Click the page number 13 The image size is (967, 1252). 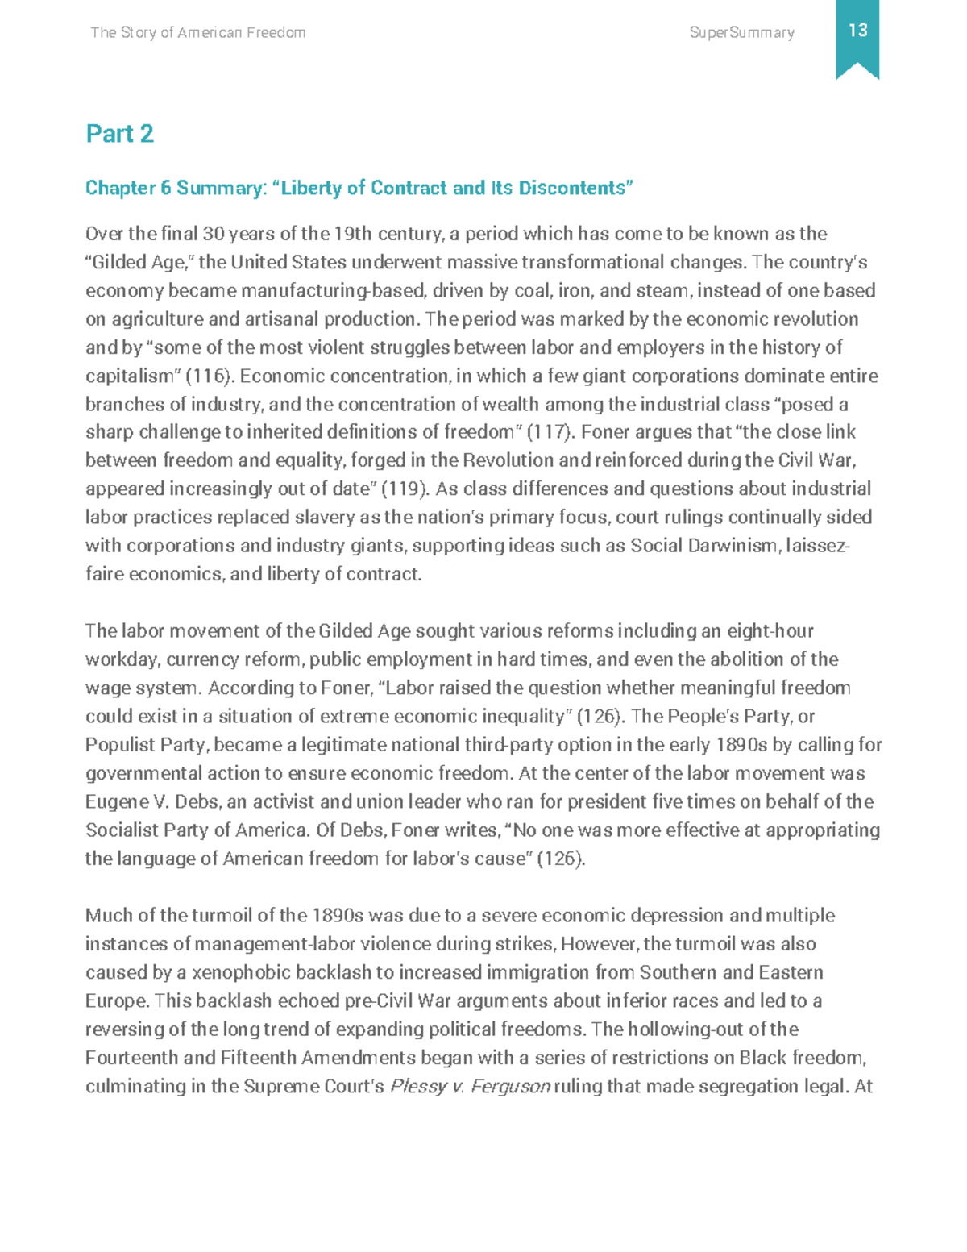tap(857, 31)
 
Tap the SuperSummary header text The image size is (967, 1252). tap(741, 33)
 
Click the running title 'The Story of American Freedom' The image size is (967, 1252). tap(198, 33)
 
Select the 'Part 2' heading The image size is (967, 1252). tap(119, 134)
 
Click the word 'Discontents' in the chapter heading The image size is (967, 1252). tap(575, 188)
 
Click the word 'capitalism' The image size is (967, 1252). tap(130, 376)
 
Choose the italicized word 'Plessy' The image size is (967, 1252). tap(417, 1087)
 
